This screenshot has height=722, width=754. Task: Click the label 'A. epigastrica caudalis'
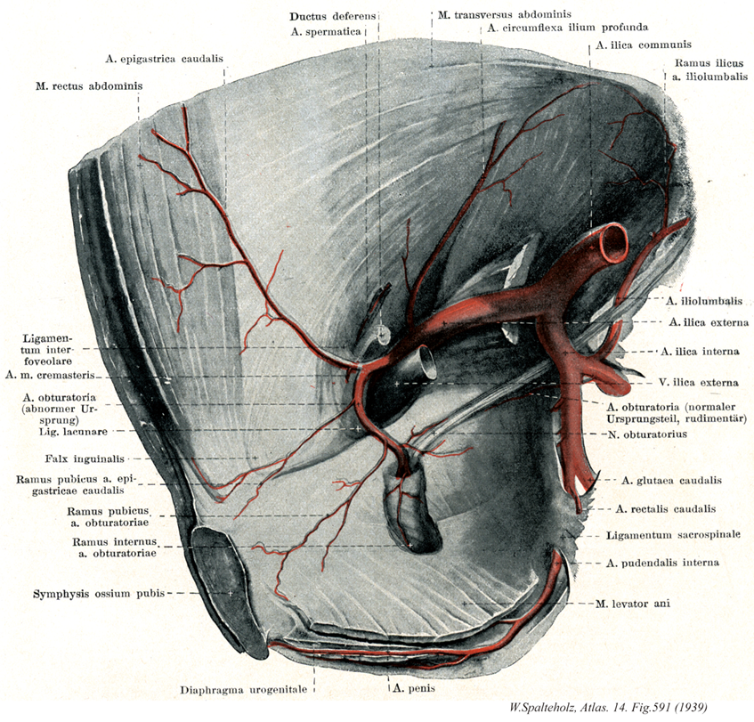[x=164, y=61]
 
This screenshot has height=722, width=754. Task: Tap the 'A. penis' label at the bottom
[x=411, y=687]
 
